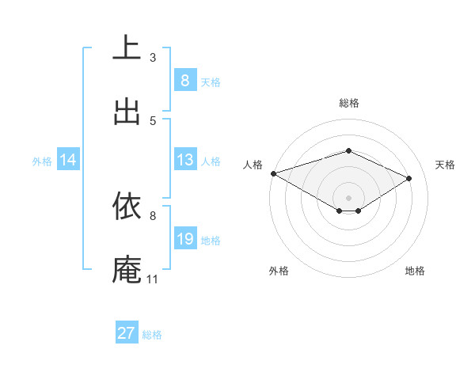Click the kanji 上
pyautogui.click(x=127, y=48)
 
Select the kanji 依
pyautogui.click(x=127, y=206)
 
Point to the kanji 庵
pyautogui.click(x=127, y=269)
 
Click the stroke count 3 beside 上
pyautogui.click(x=153, y=57)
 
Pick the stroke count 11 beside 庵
pyautogui.click(x=153, y=279)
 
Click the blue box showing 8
pyautogui.click(x=184, y=81)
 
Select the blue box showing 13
pyautogui.click(x=184, y=160)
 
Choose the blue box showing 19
pyautogui.click(x=184, y=239)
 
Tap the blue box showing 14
pyautogui.click(x=68, y=161)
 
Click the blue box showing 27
pyautogui.click(x=127, y=333)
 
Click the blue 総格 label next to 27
pyautogui.click(x=152, y=335)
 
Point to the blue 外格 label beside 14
pyautogui.click(x=42, y=161)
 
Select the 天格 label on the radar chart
pyautogui.click(x=445, y=165)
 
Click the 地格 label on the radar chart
pyautogui.click(x=415, y=271)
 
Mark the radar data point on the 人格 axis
pyautogui.click(x=273, y=173)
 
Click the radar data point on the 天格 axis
pyautogui.click(x=409, y=178)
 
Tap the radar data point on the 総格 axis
pyautogui.click(x=348, y=150)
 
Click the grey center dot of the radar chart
pyautogui.click(x=348, y=197)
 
